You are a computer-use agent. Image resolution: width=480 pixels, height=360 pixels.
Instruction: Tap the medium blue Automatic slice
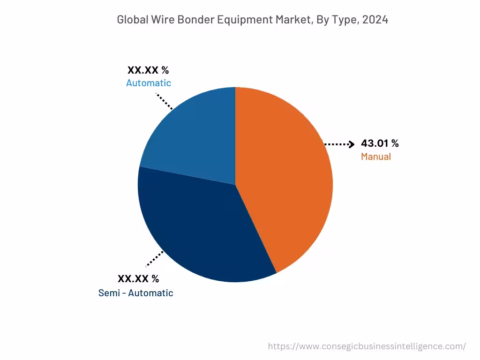192,136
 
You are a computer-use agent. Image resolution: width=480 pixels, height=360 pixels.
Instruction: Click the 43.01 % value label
380,144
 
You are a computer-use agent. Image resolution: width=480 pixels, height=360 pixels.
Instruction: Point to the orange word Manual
375,157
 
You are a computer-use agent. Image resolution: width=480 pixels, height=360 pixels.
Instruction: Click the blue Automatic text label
149,83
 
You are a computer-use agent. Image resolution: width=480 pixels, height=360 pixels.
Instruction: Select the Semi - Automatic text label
135,293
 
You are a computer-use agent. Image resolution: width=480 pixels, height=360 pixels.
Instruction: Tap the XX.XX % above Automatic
148,70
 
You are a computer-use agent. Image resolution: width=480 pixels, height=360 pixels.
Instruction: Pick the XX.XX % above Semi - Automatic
138,279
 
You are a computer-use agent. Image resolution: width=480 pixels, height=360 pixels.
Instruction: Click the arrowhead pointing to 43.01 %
352,144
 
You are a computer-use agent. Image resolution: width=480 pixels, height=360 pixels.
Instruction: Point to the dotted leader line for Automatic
164,101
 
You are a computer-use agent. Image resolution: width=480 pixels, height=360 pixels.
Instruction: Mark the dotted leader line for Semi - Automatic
155,259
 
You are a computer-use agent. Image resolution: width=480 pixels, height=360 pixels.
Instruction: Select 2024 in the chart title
375,20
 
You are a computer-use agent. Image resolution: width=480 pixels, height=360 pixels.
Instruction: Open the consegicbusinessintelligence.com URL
367,346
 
